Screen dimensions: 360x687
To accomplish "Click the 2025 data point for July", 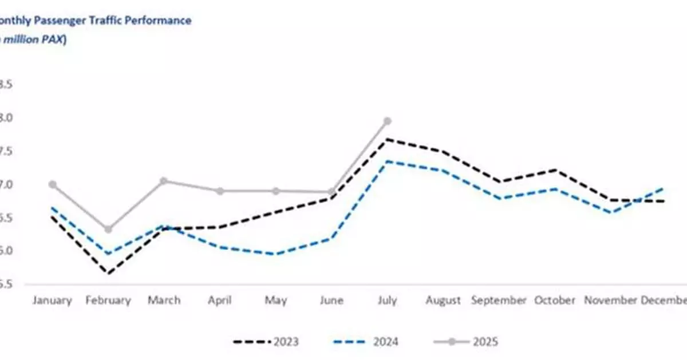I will (387, 121).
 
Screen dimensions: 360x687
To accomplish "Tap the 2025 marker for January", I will (53, 184).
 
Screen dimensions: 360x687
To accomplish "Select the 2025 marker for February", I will (108, 230).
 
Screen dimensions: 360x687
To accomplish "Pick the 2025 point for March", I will (164, 181).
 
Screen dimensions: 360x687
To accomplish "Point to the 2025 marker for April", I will (220, 191).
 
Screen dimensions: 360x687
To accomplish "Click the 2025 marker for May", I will (275, 191).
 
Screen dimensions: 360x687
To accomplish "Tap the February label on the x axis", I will (108, 300).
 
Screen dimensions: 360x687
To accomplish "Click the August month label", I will (443, 300).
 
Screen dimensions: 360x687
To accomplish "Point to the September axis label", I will (499, 300).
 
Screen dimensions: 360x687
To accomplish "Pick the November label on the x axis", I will (610, 300).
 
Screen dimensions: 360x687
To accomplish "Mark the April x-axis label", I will (220, 300).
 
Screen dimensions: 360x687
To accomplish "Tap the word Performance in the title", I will (160, 21).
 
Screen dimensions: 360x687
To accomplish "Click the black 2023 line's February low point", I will (108, 273).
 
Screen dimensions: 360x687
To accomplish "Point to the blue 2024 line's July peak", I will (387, 161).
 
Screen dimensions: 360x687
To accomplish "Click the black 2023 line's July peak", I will (387, 139).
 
